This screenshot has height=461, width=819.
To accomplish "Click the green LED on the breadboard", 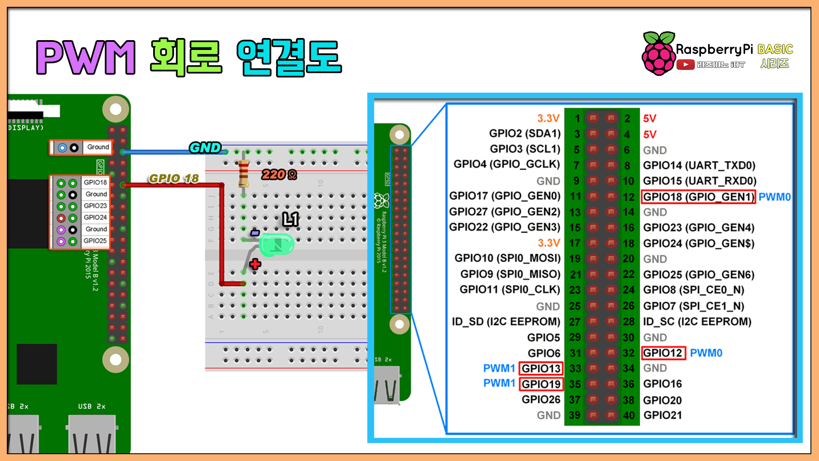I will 276,245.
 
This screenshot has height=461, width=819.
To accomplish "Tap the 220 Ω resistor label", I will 279,175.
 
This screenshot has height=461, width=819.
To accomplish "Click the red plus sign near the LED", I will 255,264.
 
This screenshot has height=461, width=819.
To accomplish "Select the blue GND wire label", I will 205,148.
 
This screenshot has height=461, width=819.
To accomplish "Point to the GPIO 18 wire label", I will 174,178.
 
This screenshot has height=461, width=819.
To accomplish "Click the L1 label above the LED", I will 290,219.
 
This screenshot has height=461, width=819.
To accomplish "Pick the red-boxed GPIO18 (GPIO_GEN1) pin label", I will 698,197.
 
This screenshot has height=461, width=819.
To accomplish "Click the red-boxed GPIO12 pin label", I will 663,353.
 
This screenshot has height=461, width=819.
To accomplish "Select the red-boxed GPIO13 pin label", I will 541,368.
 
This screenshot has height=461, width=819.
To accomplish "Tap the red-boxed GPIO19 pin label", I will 541,384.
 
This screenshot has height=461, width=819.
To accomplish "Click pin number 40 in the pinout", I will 629,415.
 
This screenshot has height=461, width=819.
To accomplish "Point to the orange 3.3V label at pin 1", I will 548,118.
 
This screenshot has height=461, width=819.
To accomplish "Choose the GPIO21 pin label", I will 663,415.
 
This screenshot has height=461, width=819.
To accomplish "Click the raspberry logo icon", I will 659,54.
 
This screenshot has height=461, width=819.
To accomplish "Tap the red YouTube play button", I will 685,65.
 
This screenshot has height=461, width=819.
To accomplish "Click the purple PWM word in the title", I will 86,57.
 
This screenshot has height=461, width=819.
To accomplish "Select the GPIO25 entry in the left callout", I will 95,241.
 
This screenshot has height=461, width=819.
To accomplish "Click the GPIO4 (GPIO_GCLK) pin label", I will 507,164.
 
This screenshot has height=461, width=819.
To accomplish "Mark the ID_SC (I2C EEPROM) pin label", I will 697,321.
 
